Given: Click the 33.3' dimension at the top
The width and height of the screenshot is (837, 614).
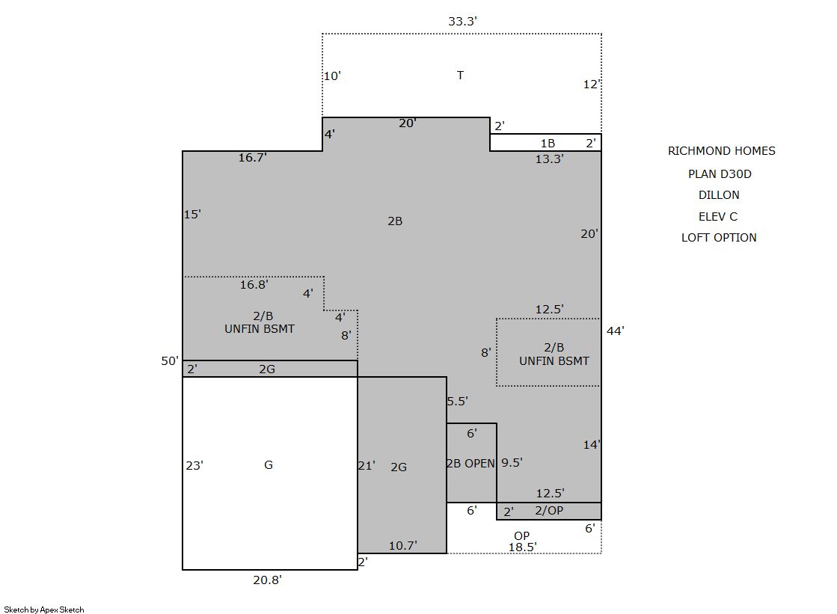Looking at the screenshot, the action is (x=462, y=22).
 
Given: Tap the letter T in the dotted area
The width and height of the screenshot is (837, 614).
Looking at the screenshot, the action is (x=460, y=76).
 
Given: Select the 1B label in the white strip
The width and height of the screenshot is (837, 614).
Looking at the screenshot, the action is (x=548, y=143).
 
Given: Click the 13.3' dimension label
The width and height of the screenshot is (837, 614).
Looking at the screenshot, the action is (x=549, y=159).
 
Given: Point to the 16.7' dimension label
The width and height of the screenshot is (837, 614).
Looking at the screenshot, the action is (x=253, y=157).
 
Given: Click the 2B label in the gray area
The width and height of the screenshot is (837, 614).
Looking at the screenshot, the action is (x=395, y=221).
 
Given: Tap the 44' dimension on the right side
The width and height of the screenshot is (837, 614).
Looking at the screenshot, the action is (x=615, y=331).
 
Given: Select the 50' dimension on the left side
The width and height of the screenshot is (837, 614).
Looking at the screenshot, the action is (x=170, y=361).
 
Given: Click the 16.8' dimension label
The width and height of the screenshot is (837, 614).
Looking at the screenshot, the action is (x=254, y=285).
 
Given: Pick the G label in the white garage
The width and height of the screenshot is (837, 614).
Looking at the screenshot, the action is (x=269, y=465).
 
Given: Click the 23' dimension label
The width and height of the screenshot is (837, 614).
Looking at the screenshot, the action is (x=194, y=466).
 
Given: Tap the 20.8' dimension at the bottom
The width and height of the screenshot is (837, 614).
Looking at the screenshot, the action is (x=268, y=580).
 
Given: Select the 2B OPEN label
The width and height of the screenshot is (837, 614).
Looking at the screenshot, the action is (x=470, y=464).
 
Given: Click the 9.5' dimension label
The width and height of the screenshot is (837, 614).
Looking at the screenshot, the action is (x=512, y=462).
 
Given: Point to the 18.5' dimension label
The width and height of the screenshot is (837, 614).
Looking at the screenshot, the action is (x=523, y=547).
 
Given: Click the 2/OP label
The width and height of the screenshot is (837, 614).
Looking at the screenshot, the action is (x=549, y=511).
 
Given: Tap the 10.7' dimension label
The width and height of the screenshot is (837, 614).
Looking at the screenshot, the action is (x=403, y=546).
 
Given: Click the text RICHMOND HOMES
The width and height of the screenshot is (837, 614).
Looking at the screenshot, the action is (x=722, y=151).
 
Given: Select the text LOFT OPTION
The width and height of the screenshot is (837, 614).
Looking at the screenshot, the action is (x=719, y=238).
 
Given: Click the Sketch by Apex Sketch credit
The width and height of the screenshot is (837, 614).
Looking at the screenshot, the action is (x=44, y=610).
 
